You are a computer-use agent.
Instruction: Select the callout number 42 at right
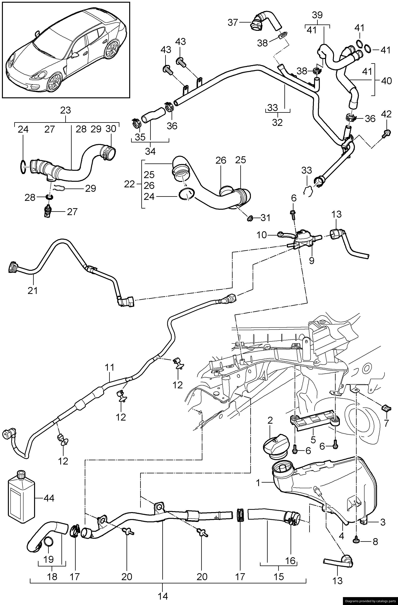point(386,115)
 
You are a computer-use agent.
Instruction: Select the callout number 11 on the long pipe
point(110,367)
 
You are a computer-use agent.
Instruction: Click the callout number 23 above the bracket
point(65,111)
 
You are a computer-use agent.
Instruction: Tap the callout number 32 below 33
point(277,123)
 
